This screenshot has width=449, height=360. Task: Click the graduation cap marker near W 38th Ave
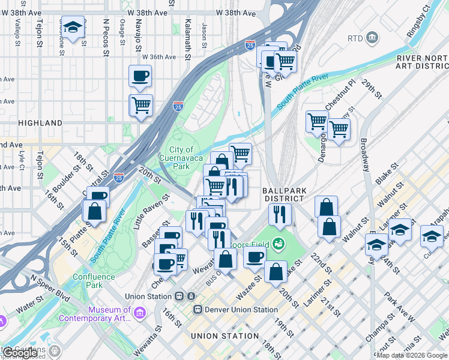click(73, 28)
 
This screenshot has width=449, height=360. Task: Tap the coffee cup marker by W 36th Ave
click(140, 76)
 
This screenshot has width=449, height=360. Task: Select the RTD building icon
click(372, 38)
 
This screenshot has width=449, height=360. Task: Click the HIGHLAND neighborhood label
click(40, 123)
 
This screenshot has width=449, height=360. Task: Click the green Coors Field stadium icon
click(277, 244)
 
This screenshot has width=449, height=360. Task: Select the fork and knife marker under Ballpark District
click(279, 214)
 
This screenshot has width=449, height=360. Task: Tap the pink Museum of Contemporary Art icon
click(140, 313)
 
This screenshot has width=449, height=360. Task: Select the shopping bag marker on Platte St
click(95, 211)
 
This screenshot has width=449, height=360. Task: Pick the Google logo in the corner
click(20, 353)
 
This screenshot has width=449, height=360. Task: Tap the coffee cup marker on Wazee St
click(255, 257)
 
